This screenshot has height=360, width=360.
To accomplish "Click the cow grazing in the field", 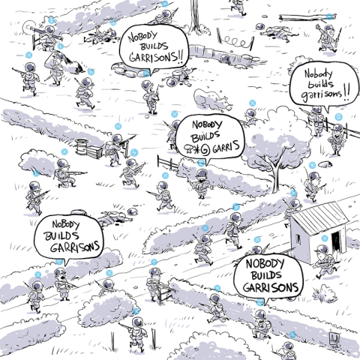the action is [x=212, y=100].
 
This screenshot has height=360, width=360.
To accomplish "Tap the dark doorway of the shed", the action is [x=335, y=241].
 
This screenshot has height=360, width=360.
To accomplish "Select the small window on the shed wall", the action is [x=298, y=239].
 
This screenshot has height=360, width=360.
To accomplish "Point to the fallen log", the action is [x=307, y=17].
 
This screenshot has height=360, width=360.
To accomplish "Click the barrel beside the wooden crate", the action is [x=82, y=147].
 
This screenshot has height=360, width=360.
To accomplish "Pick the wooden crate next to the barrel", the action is [x=94, y=151].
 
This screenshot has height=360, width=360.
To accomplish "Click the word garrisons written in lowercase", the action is [x=321, y=94].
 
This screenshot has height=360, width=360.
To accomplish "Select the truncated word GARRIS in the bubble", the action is [x=226, y=147].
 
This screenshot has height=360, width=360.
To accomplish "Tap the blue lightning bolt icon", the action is [x=134, y=152].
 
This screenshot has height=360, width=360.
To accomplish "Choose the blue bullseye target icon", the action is [x=312, y=165].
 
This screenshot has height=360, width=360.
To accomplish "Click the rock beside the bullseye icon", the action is [x=325, y=164].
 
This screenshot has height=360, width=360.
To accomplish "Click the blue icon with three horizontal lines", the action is [x=338, y=116].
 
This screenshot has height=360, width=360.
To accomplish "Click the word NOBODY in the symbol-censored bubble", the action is [x=207, y=124].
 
